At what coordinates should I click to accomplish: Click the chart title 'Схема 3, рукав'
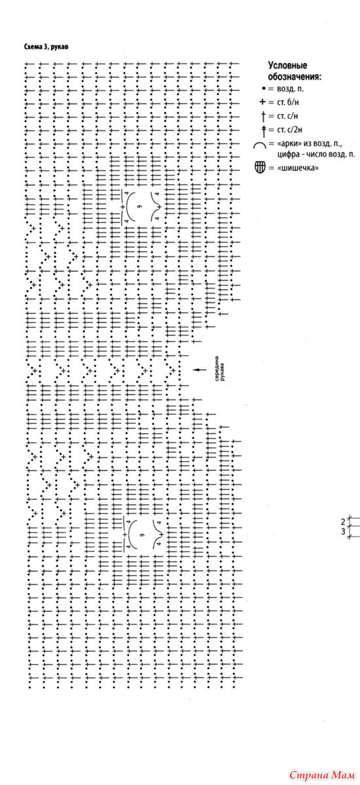46,47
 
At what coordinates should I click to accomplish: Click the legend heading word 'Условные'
287,65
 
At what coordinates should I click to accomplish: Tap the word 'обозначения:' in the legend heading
295,77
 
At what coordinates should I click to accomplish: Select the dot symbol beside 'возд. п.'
264,89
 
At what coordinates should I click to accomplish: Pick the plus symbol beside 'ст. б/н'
262,102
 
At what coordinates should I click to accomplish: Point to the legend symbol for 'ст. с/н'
263,116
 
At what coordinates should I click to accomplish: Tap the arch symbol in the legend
260,144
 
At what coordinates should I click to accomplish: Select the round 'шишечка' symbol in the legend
260,167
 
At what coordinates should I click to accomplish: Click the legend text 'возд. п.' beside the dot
290,89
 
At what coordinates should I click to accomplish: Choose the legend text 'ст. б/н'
288,102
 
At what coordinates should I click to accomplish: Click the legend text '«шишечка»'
298,168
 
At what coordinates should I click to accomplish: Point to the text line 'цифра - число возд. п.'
316,154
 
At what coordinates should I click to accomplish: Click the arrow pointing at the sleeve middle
200,370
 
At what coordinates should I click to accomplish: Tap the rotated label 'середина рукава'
220,369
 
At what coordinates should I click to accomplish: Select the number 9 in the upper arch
139,207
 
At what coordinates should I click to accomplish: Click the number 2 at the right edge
343,523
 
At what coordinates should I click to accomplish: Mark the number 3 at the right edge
343,532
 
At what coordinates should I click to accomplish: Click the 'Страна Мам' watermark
322,775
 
